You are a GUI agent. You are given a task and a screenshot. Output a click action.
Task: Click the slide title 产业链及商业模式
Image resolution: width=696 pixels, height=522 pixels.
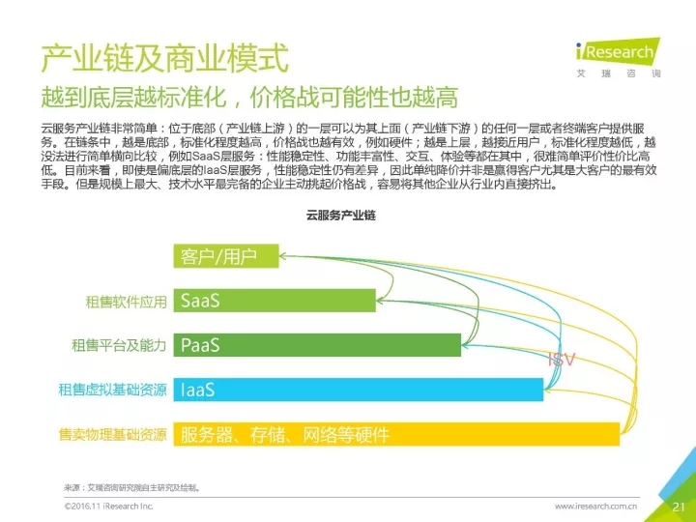pos(165,59)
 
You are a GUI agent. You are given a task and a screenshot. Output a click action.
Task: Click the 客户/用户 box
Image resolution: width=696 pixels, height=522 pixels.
pos(228,256)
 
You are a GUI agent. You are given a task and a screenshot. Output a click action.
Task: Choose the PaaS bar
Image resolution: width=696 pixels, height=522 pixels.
pos(319,345)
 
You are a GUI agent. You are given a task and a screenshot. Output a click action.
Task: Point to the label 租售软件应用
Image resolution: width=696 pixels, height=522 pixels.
pos(127,302)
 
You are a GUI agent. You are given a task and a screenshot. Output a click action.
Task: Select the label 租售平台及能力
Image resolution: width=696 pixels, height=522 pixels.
pos(120,345)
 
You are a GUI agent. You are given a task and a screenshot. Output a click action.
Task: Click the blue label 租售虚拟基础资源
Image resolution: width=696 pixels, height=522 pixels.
pos(113,390)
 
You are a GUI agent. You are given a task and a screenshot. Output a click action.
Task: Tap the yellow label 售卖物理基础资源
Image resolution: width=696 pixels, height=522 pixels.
pos(113,434)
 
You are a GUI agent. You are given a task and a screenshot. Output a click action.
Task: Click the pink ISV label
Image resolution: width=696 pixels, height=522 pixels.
pos(562,360)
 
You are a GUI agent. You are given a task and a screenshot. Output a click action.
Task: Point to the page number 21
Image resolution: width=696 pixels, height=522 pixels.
pos(677,506)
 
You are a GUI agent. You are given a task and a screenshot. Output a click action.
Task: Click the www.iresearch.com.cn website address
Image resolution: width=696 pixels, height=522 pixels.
pos(595,506)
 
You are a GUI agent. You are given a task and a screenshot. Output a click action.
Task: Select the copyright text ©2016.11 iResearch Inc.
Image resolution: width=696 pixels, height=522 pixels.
pos(108,506)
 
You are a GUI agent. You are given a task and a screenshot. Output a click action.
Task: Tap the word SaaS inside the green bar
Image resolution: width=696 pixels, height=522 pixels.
pos(200,301)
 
